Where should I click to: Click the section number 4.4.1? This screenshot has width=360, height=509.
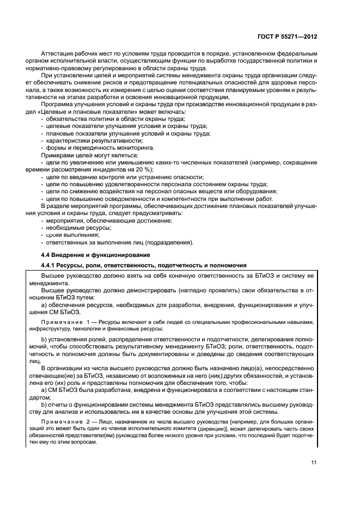tap(50, 265)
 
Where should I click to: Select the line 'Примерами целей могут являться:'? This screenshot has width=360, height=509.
tap(89, 156)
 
